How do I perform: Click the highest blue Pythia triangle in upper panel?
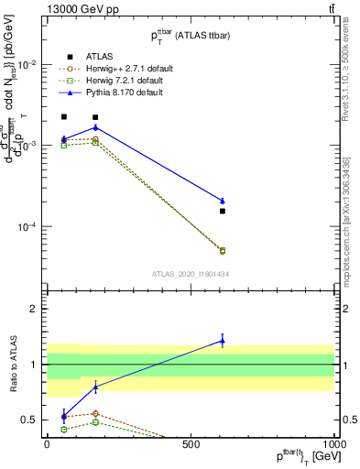[x=95, y=127]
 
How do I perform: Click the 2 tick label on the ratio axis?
[x=35, y=309]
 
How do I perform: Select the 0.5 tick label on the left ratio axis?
[x=30, y=420]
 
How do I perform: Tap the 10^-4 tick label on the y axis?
[x=27, y=226]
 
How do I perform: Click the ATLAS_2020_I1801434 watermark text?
[x=191, y=274]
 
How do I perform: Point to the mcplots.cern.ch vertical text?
[x=349, y=234]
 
